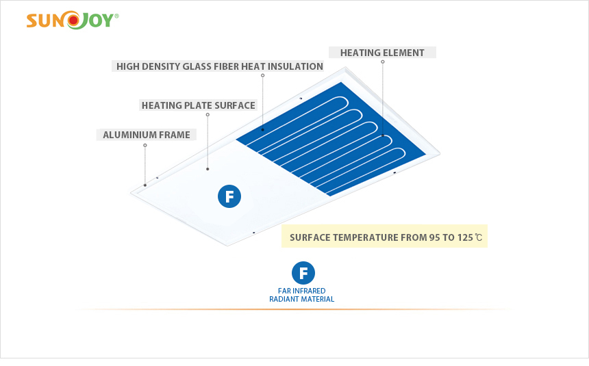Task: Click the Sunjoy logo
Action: click(x=73, y=21)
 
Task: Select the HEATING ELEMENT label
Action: click(x=382, y=53)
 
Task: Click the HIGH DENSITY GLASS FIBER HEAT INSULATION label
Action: click(x=219, y=66)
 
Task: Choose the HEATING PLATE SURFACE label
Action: click(x=199, y=105)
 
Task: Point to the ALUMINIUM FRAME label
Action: click(x=147, y=135)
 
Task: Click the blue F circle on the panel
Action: click(x=229, y=196)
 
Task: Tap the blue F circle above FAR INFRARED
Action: click(x=303, y=273)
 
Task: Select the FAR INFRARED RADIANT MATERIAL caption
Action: click(x=301, y=295)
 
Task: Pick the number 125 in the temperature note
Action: click(x=465, y=237)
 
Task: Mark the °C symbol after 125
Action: click(x=478, y=237)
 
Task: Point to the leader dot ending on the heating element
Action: click(x=383, y=135)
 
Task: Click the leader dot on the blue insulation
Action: click(x=263, y=130)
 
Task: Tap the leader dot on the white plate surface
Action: click(x=208, y=169)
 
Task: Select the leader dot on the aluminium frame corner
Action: click(x=145, y=185)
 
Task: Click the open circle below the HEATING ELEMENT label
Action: click(x=383, y=62)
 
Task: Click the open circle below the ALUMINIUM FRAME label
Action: click(x=145, y=145)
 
